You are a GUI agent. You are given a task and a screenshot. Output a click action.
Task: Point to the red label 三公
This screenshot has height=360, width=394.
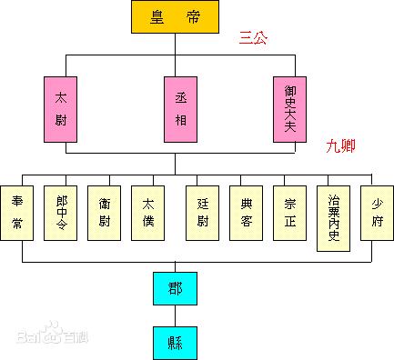click(254, 38)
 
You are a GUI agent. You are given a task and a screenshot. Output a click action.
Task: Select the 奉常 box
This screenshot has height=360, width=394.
click(18, 212)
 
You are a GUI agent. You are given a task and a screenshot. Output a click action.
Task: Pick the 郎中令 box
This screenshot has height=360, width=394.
click(61, 212)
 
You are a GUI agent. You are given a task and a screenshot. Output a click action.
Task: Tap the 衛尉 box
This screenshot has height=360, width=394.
click(105, 212)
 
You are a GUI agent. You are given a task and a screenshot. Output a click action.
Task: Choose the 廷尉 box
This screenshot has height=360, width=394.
click(202, 212)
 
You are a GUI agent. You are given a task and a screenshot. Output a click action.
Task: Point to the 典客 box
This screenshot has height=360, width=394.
click(245, 212)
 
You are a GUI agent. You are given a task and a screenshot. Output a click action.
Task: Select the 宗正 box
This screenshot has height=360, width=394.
click(289, 212)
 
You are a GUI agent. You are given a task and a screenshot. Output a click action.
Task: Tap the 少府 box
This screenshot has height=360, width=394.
click(376, 212)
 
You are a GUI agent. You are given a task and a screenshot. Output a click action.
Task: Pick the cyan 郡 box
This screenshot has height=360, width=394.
click(176, 287)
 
